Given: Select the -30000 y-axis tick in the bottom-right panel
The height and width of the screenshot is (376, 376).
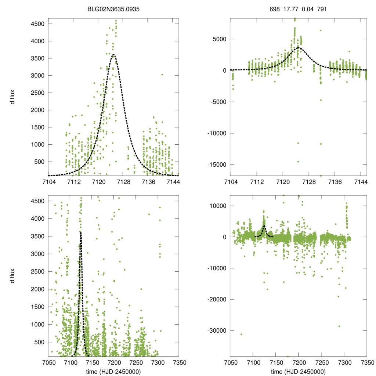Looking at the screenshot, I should (x=216, y=330).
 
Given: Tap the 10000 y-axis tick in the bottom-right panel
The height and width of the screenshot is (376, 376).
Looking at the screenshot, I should (x=218, y=206).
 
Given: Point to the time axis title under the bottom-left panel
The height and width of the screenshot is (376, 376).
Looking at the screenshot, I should (x=113, y=371).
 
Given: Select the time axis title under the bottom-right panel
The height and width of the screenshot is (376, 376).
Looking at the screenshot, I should (x=298, y=371).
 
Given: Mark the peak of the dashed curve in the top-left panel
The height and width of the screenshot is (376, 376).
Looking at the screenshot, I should (x=113, y=55).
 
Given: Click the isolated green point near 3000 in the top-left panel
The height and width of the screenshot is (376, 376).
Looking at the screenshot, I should (x=162, y=75).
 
